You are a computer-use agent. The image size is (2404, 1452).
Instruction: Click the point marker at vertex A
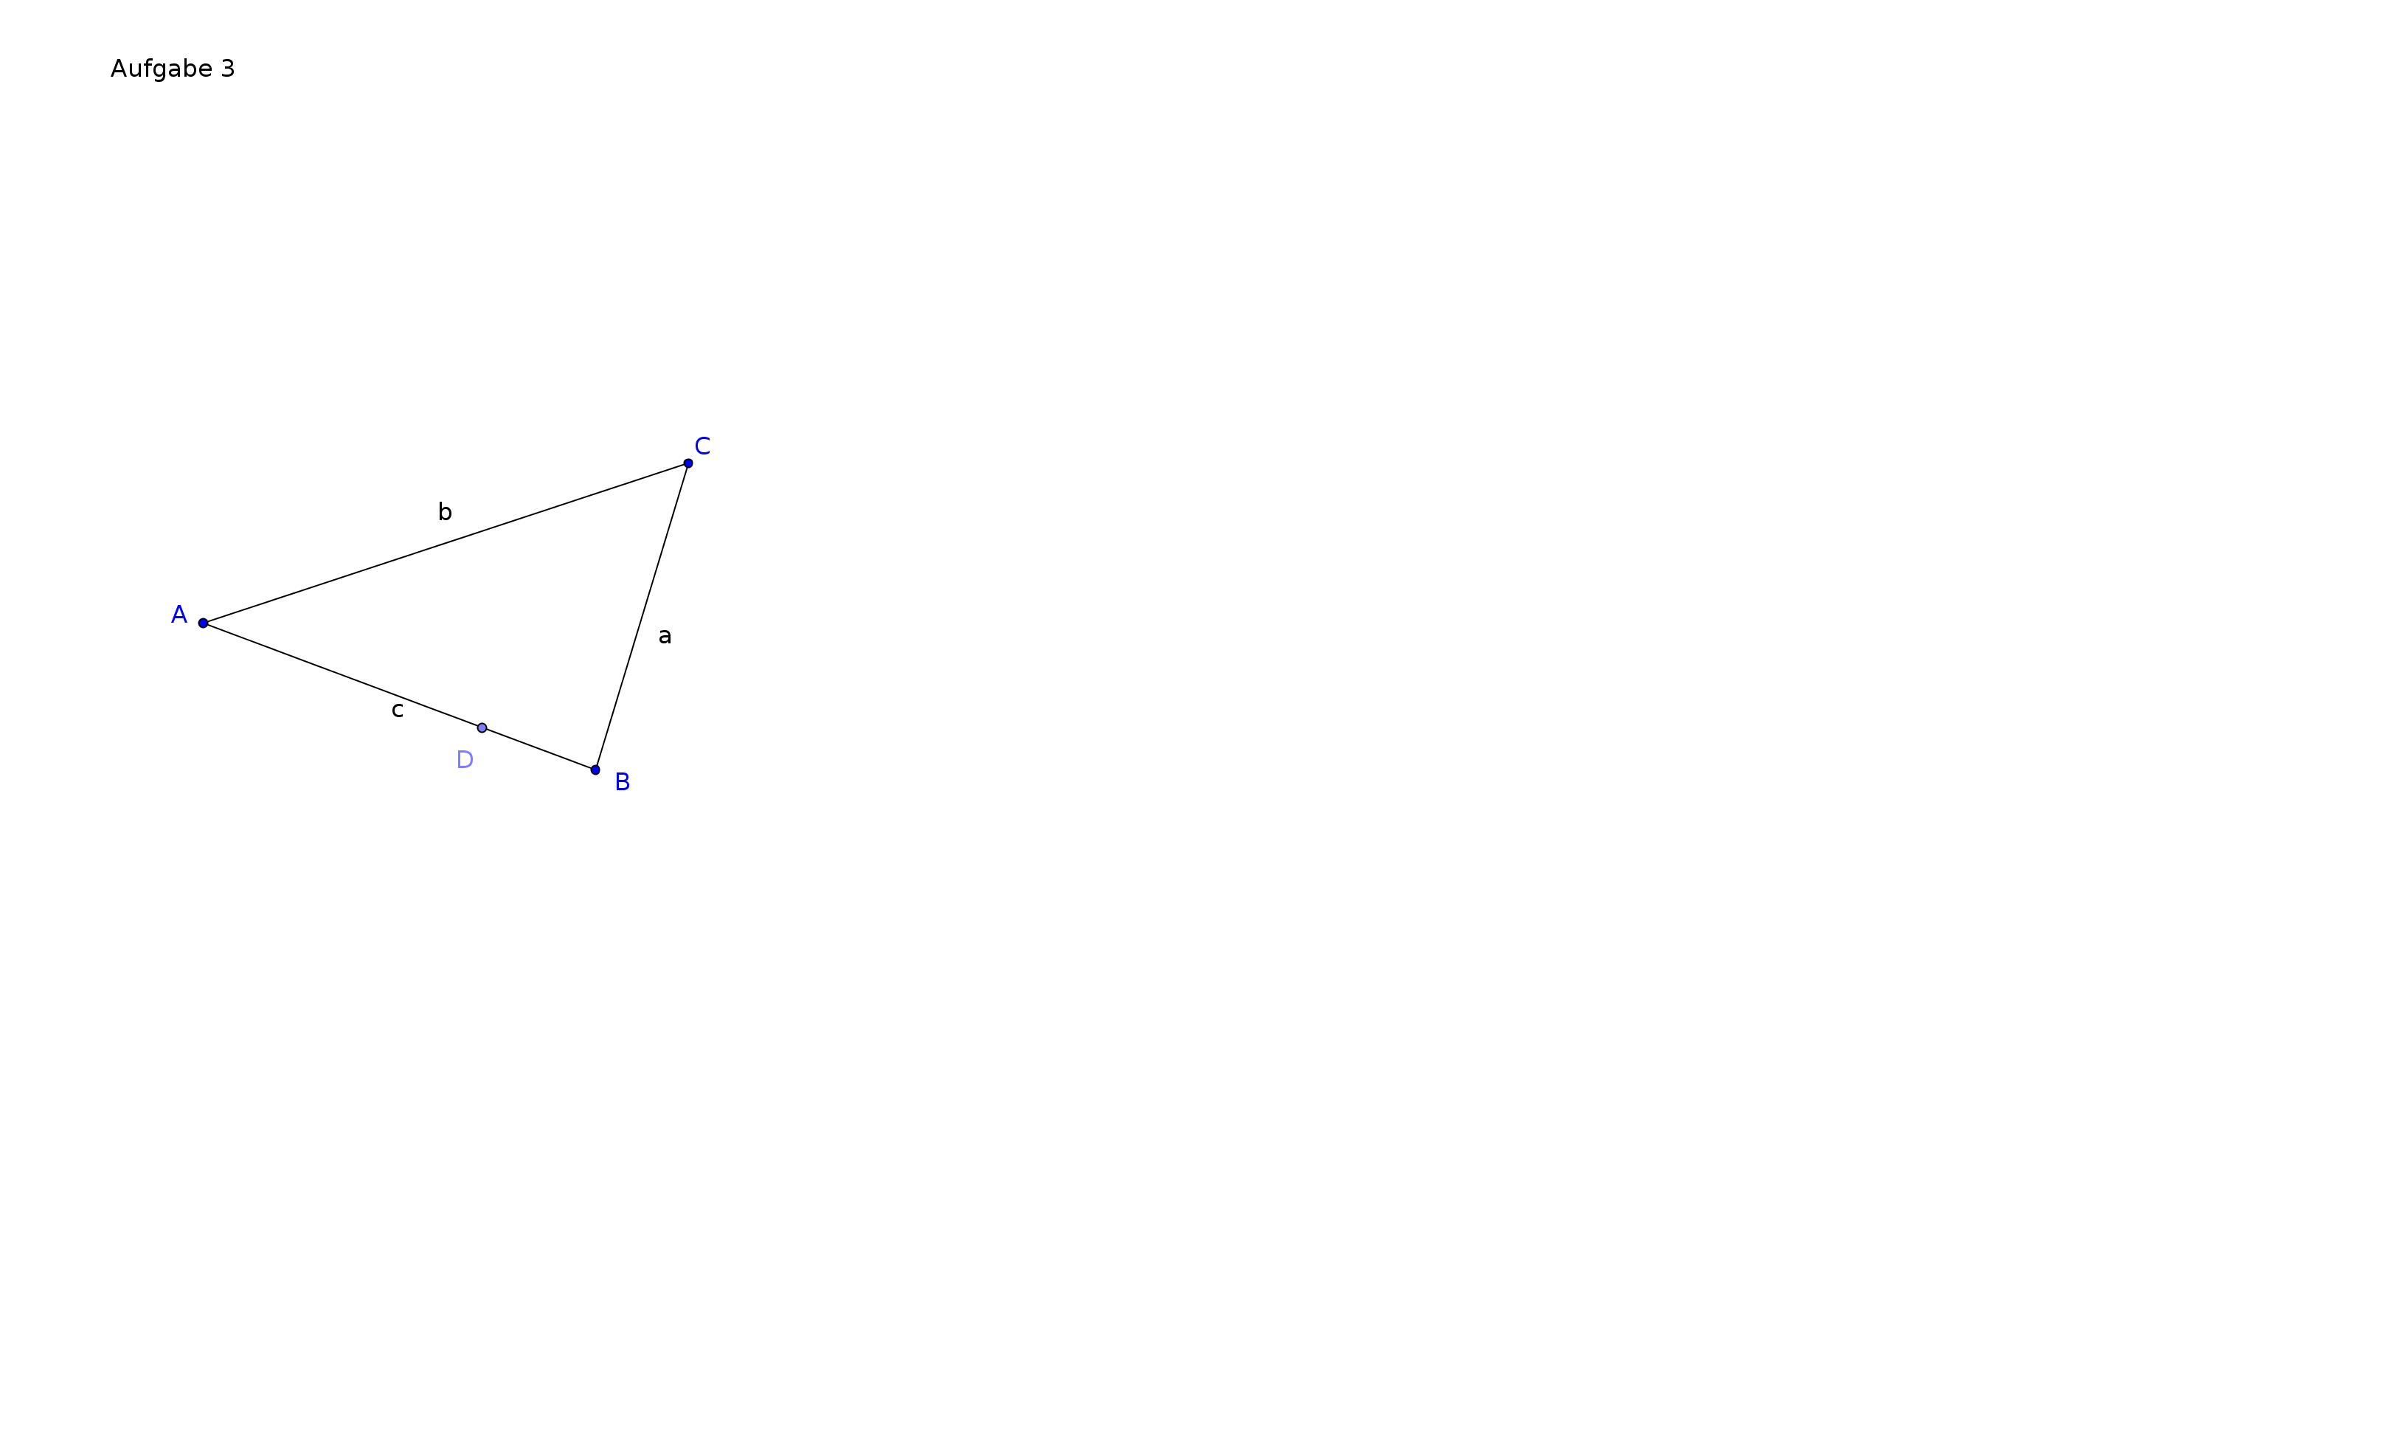pos(203,623)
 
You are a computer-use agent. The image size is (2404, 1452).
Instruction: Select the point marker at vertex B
pos(595,770)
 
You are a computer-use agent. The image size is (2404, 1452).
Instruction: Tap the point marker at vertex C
pos(687,463)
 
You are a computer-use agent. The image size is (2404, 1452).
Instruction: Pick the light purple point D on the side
pos(482,728)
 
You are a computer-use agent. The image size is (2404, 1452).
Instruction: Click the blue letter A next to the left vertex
pos(179,615)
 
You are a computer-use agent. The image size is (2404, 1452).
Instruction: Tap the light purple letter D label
pos(465,760)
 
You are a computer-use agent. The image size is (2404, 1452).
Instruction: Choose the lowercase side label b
pos(445,511)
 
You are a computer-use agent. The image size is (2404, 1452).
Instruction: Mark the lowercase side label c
pos(397,711)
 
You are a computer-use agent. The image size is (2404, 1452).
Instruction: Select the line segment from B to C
pos(642,617)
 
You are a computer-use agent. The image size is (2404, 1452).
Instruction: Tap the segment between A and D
pos(342,675)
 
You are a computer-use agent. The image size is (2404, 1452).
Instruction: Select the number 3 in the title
pos(228,69)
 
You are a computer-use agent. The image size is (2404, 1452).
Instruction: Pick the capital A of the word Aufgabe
pos(118,69)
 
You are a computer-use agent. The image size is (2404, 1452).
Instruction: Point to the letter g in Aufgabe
pos(162,72)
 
